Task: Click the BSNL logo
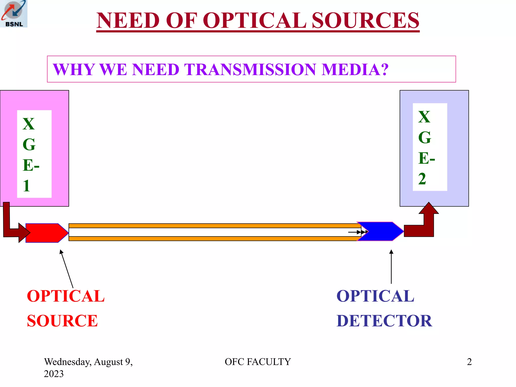14,14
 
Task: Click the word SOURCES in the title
365,21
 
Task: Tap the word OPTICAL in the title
254,21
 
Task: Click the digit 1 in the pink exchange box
26,186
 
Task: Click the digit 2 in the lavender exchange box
422,179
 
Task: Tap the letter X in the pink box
28,124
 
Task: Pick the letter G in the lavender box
425,138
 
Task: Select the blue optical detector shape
383,231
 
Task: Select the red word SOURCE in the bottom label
62,321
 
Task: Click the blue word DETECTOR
384,321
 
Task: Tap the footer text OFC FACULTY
258,362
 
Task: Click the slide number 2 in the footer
469,362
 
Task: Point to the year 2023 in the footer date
54,374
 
